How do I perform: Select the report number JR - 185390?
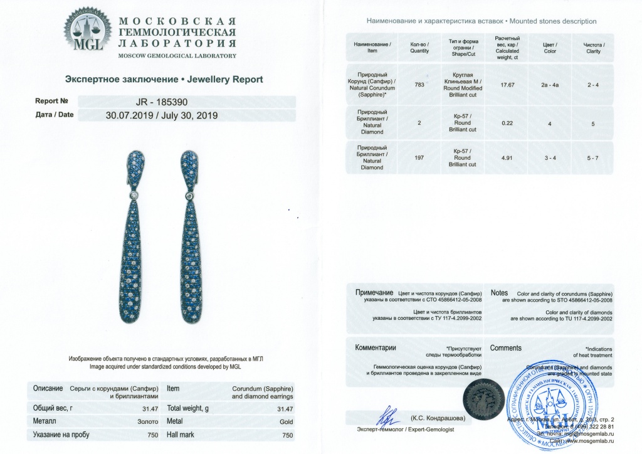click(x=162, y=101)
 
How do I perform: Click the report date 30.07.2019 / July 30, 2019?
click(x=162, y=115)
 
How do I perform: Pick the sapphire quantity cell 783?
click(x=419, y=85)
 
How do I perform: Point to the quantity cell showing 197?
click(x=419, y=159)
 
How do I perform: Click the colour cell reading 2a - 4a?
click(x=550, y=85)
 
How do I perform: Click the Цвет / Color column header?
click(x=550, y=48)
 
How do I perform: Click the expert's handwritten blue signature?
click(x=387, y=416)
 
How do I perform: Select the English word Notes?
click(x=499, y=293)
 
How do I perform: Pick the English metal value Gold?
click(x=286, y=421)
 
